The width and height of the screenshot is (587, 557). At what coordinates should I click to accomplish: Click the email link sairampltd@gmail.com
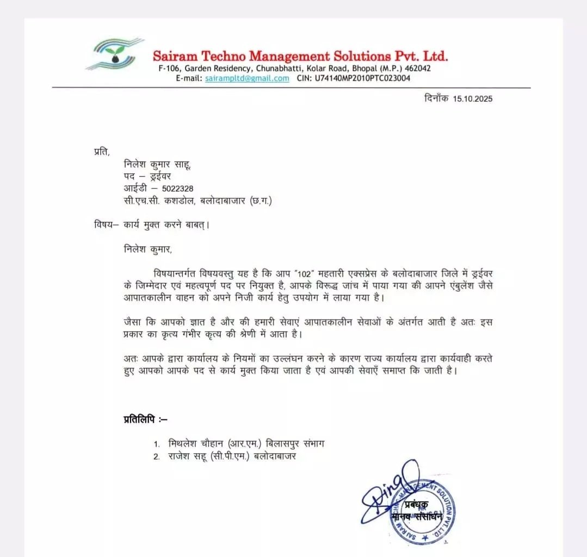click(247, 78)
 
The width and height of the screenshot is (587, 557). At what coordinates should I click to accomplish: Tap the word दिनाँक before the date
click(436, 99)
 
